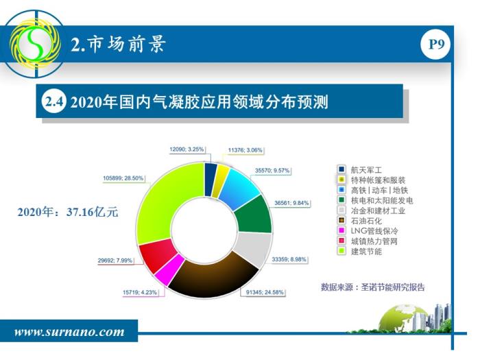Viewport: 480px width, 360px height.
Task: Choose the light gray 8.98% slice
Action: (x=254, y=248)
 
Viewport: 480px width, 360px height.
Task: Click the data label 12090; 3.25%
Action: (x=187, y=149)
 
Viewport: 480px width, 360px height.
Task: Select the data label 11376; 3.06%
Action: (x=245, y=150)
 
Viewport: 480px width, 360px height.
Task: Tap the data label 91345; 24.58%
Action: (x=265, y=292)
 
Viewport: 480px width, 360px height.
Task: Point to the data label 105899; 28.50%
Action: (x=123, y=178)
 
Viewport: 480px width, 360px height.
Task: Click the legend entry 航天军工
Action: (x=360, y=169)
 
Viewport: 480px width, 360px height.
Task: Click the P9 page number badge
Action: (x=436, y=45)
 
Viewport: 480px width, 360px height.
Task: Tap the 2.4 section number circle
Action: (x=54, y=101)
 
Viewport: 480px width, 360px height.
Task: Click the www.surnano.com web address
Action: (x=69, y=332)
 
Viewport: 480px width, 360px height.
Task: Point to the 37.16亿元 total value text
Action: (x=92, y=212)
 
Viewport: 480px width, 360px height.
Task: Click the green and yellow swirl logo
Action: (x=35, y=44)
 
